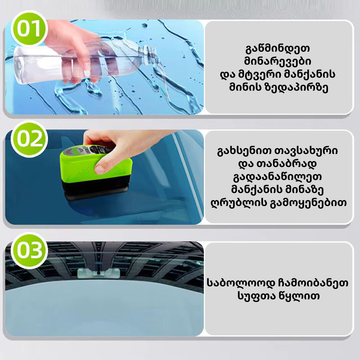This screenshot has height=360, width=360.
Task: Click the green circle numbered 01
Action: pyautogui.click(x=29, y=29)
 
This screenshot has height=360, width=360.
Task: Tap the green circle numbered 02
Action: pyautogui.click(x=29, y=139)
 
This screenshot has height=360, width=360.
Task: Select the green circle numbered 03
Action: pyautogui.click(x=29, y=250)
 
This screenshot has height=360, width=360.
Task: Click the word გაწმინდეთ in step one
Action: pyautogui.click(x=278, y=48)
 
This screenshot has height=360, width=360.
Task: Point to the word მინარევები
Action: pyautogui.click(x=278, y=61)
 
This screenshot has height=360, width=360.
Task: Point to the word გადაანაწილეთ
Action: pyautogui.click(x=277, y=177)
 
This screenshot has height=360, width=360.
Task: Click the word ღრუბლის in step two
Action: pyautogui.click(x=238, y=203)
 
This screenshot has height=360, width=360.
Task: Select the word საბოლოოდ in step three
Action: pyautogui.click(x=241, y=283)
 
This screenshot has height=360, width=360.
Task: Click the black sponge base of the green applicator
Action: pyautogui.click(x=96, y=188)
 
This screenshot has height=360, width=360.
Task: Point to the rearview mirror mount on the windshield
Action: pyautogui.click(x=99, y=273)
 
